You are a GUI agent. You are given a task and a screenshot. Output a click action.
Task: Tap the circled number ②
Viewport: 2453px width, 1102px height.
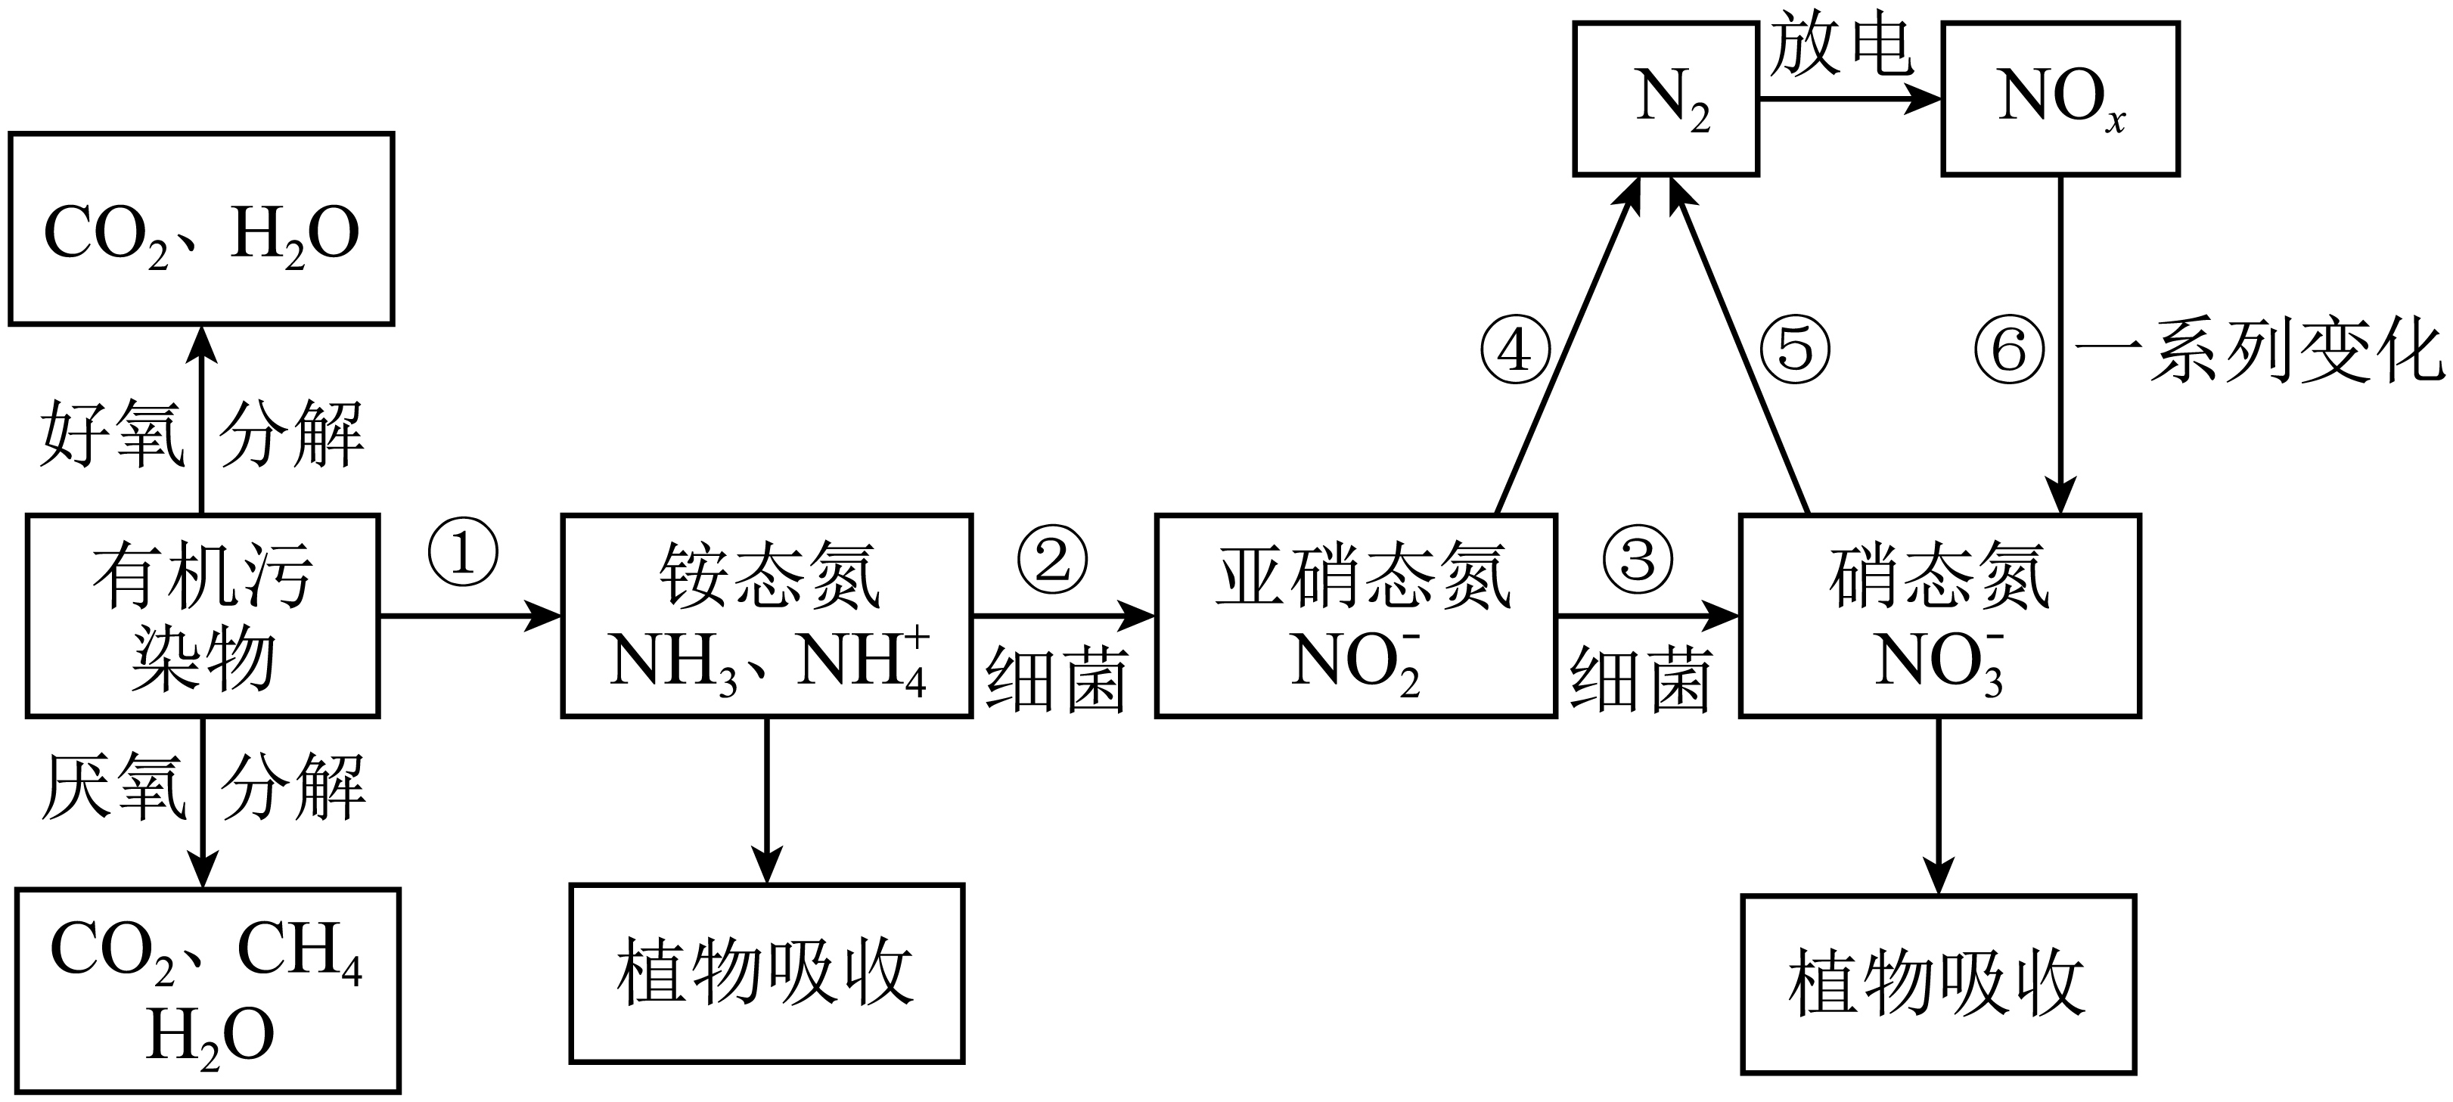click(x=1052, y=559)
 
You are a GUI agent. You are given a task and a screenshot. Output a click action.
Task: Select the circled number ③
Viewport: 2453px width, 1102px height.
click(x=1637, y=559)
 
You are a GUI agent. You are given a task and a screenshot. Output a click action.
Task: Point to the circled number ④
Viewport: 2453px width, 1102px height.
click(x=1515, y=349)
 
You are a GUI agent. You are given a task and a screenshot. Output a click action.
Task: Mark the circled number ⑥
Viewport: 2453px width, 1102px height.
click(x=2009, y=349)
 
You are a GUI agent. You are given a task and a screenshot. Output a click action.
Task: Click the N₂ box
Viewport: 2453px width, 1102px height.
click(x=1666, y=99)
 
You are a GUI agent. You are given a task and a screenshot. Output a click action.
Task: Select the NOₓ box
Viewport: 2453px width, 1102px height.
click(x=2060, y=99)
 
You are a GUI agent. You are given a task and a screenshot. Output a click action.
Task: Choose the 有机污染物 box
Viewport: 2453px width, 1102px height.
click(x=203, y=616)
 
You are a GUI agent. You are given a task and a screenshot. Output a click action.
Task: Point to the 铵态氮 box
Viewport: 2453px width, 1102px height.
click(x=766, y=616)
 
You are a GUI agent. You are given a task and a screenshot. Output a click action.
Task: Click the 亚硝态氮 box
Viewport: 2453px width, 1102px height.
click(x=1356, y=616)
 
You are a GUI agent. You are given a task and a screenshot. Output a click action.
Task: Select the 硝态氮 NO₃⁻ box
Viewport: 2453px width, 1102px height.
click(x=1939, y=616)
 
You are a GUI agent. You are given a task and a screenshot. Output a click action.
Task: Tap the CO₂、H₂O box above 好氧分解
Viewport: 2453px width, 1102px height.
click(x=201, y=228)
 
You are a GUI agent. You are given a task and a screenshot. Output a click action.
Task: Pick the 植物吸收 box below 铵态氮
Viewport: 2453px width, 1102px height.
click(x=766, y=973)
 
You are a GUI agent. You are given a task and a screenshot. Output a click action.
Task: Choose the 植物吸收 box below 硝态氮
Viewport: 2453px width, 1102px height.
click(x=1939, y=984)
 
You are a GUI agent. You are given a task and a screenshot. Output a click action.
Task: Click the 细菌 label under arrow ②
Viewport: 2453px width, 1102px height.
click(x=1056, y=678)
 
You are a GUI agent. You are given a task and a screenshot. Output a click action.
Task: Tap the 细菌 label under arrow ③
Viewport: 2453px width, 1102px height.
click(x=1641, y=678)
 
